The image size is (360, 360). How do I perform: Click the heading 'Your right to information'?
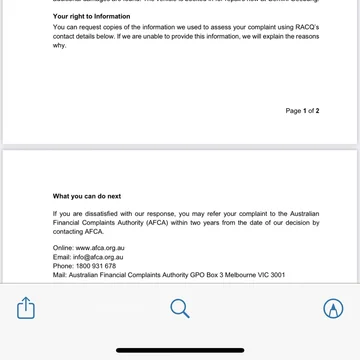coord(84,16)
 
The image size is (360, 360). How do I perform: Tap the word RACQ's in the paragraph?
coord(304,28)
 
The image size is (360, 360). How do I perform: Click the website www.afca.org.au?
coord(100,247)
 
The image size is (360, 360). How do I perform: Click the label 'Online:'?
coord(64,247)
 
